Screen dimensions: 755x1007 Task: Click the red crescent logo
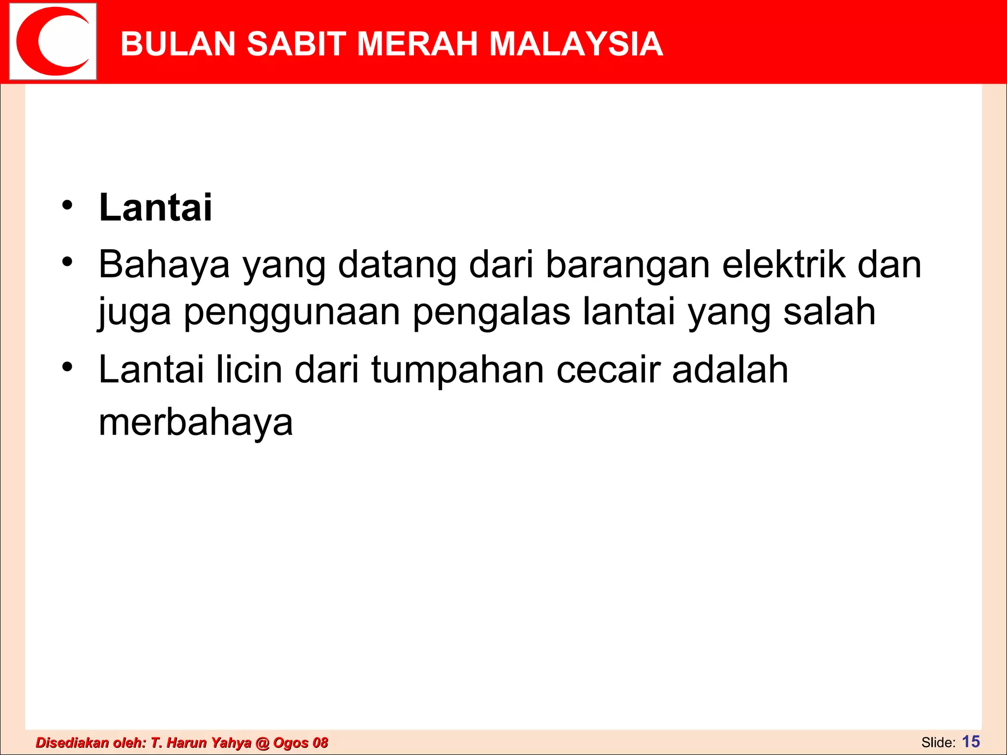click(x=53, y=42)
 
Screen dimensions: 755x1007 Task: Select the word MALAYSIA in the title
click(x=576, y=44)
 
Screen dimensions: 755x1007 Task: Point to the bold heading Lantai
click(x=155, y=208)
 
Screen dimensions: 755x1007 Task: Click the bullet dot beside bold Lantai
click(x=67, y=205)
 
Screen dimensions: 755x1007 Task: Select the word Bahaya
click(x=164, y=265)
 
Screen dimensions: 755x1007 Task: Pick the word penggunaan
click(x=292, y=312)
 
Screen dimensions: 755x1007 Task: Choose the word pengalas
click(x=491, y=312)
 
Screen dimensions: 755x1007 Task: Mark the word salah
click(x=829, y=312)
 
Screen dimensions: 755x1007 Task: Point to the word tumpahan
click(x=457, y=371)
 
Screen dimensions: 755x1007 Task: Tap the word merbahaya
click(x=196, y=423)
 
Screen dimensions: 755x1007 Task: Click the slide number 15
click(x=971, y=741)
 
